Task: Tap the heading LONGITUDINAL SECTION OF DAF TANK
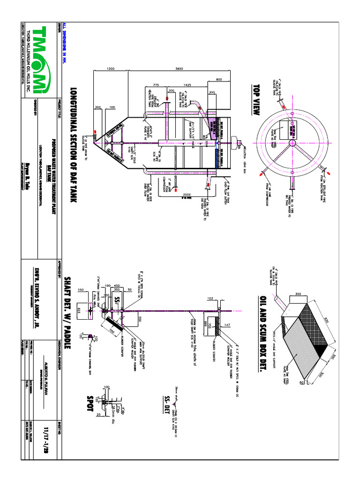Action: point(73,145)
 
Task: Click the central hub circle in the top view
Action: point(291,142)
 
